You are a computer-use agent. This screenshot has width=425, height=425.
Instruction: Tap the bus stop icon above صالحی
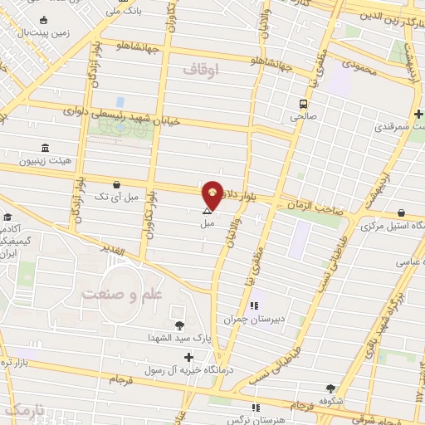pos(304,105)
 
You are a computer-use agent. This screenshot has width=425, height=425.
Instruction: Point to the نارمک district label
pos(21,410)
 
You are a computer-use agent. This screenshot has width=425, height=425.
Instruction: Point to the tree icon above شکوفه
pos(330,388)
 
